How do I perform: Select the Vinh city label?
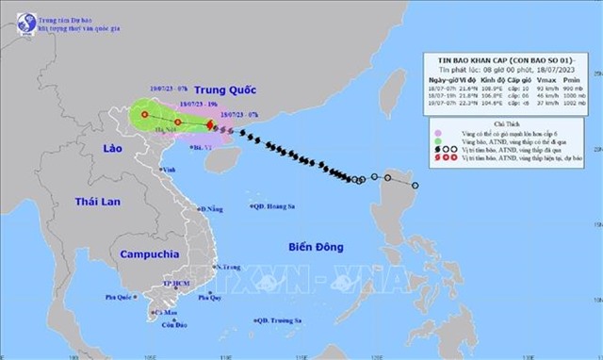(170, 170)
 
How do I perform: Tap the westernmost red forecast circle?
(145, 116)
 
